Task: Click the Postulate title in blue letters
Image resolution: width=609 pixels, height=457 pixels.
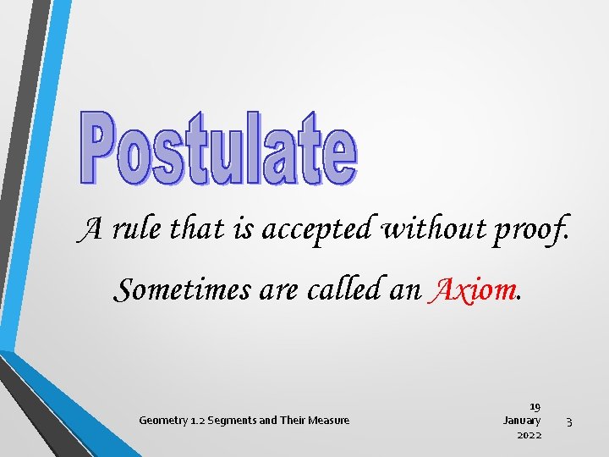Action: point(218,147)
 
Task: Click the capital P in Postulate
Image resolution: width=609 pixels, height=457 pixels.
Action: point(99,147)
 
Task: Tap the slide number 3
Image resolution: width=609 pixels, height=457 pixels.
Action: point(570,421)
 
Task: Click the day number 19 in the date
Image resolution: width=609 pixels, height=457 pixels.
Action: point(535,406)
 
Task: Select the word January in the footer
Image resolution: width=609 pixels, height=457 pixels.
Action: point(522,420)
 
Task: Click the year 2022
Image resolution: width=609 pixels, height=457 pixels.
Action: point(529,434)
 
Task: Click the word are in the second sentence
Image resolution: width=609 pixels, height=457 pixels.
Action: point(273,290)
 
